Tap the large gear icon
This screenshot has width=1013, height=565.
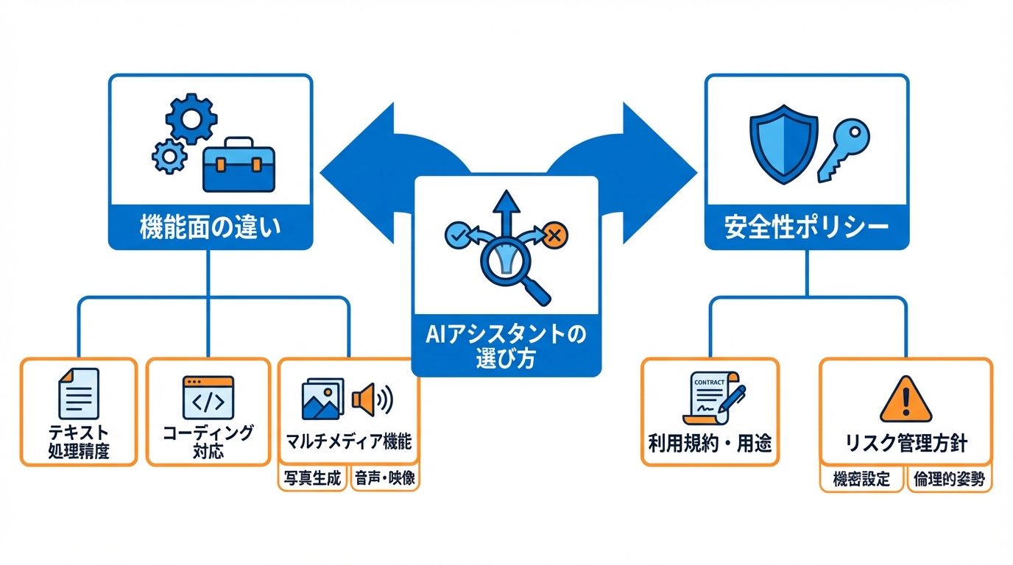(191, 118)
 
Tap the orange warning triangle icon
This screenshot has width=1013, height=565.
(906, 402)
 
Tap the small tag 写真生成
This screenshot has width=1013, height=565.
(313, 479)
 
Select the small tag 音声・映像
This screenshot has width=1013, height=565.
(384, 479)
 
